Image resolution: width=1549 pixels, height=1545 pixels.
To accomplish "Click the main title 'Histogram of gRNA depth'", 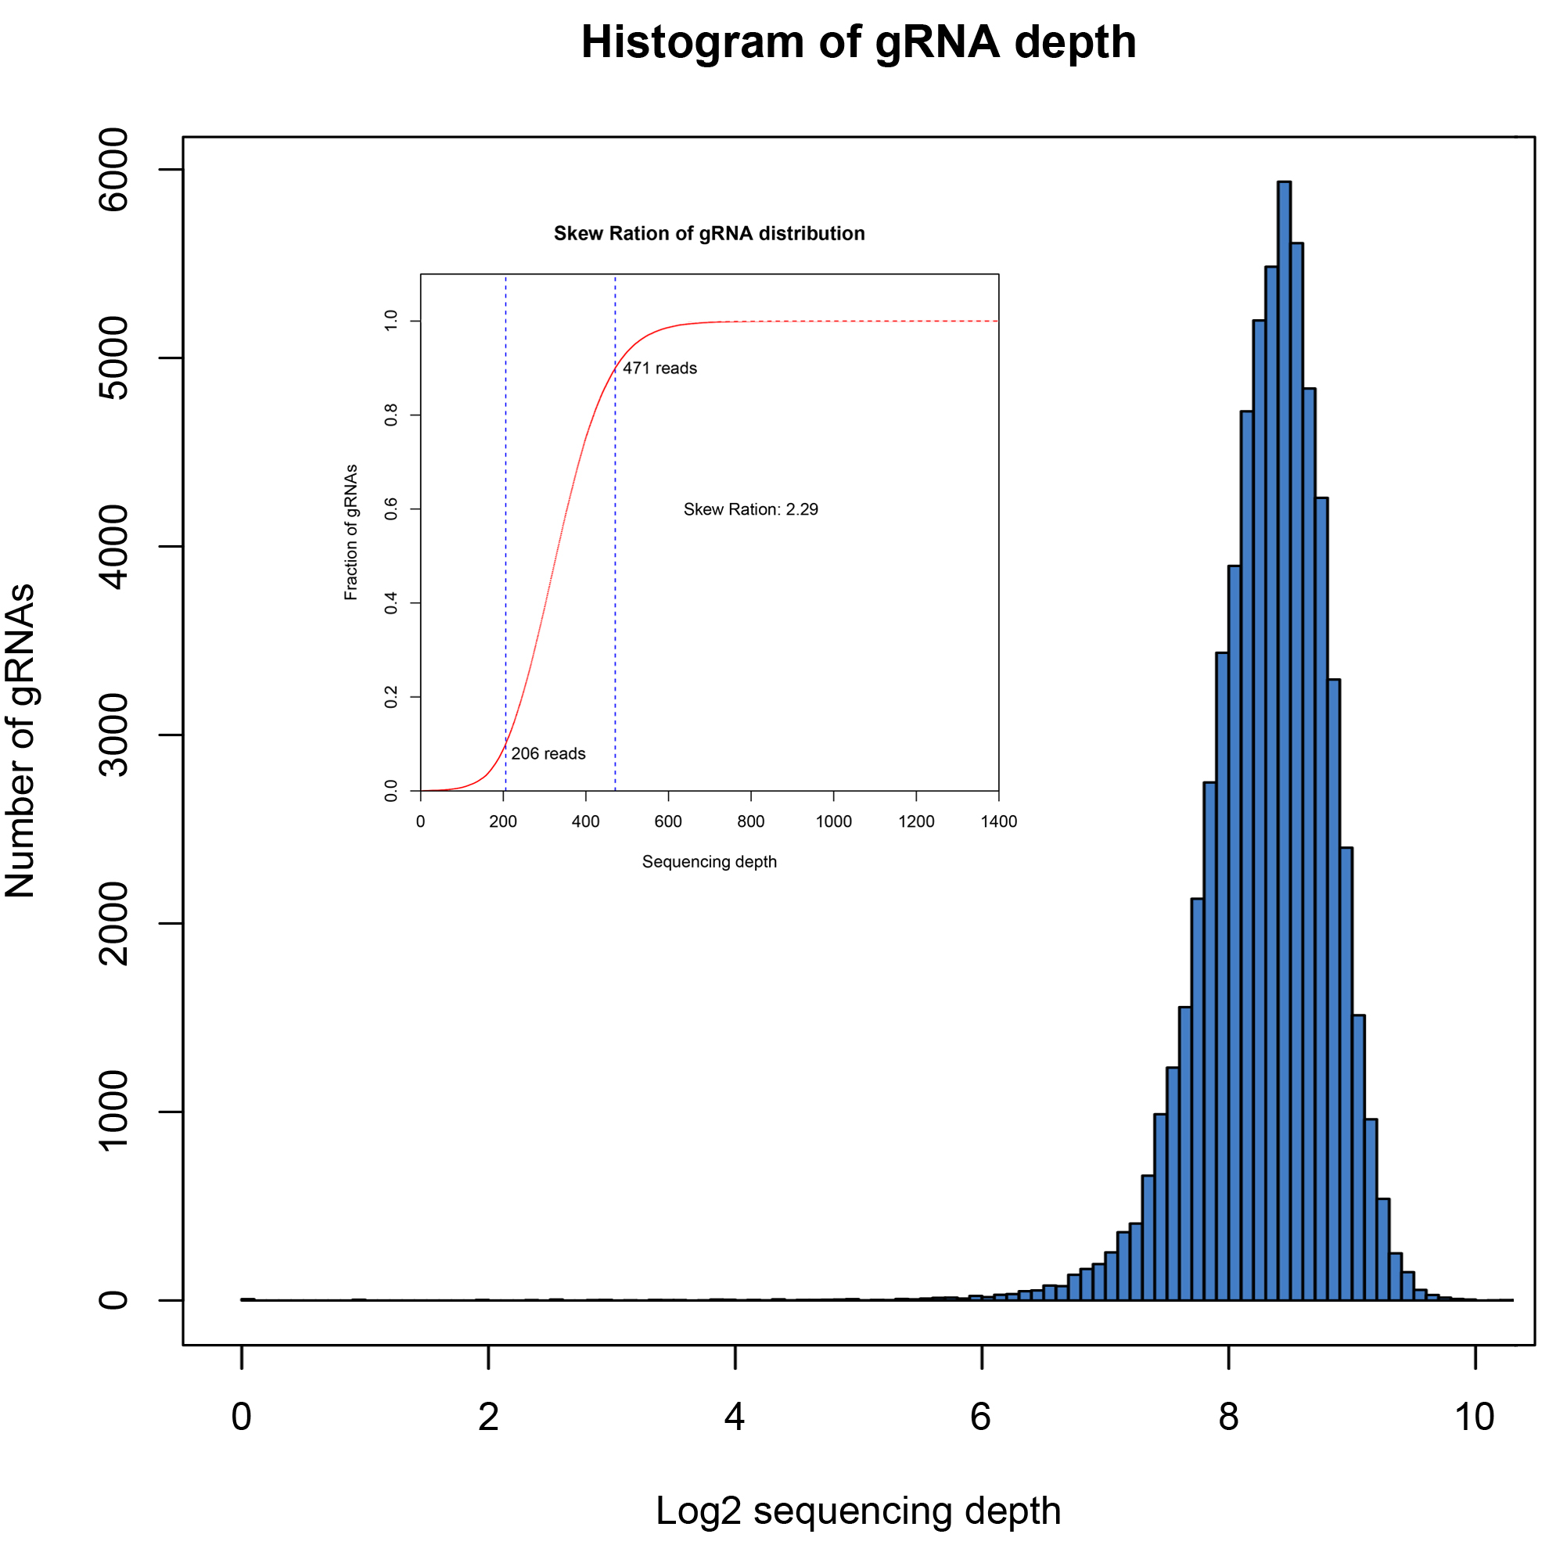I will click(x=858, y=41).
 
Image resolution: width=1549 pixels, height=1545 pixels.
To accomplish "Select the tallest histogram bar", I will click(x=1284, y=721).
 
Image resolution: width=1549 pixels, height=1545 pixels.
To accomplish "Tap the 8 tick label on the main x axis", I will click(x=1228, y=1417).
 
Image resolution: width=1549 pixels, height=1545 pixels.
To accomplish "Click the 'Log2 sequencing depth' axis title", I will click(x=858, y=1511).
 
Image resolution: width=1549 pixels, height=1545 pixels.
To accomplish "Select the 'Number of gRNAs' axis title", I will click(x=21, y=742).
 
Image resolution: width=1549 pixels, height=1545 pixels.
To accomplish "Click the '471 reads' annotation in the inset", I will click(x=659, y=368).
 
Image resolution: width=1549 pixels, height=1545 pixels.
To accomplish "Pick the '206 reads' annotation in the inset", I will click(x=548, y=753).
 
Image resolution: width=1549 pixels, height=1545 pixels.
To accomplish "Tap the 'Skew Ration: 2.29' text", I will click(x=750, y=509).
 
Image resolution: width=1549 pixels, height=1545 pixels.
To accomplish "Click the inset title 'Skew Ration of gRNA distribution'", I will click(x=709, y=233).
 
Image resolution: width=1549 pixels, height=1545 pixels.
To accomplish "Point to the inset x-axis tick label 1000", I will click(x=833, y=821).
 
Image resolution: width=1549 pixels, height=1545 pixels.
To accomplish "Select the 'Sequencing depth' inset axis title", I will click(x=709, y=862).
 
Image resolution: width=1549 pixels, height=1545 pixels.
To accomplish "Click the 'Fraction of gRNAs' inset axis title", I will click(x=350, y=533).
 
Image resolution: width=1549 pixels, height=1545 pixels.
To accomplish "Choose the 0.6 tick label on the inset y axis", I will click(x=391, y=508).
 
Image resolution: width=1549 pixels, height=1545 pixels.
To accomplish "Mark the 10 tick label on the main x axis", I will click(x=1475, y=1417).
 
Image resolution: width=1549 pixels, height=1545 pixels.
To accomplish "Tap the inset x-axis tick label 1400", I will click(x=998, y=821).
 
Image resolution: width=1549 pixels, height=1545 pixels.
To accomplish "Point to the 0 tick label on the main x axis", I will click(x=241, y=1417).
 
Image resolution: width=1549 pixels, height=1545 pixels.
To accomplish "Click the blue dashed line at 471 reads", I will click(x=615, y=561).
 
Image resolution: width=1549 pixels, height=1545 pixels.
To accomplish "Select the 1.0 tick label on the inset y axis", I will click(x=391, y=321).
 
